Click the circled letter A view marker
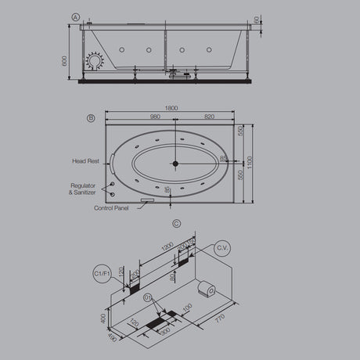coord(75,16)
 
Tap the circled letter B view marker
coord(91,119)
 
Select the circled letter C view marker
coord(176,223)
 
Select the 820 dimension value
coord(208,117)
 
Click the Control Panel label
coord(111,209)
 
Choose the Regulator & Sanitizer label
coord(83,189)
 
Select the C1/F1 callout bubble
coord(100,273)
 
